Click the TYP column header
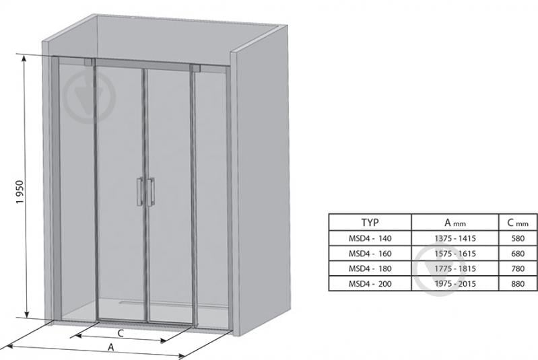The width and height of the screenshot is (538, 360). [370, 223]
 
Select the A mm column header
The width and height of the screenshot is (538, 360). [455, 223]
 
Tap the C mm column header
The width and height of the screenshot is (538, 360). [517, 223]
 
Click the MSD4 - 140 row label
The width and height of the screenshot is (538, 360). [370, 238]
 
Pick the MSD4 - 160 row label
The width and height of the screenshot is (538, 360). [370, 254]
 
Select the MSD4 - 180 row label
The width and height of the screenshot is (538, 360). [370, 268]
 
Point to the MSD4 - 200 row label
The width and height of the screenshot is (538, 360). [370, 283]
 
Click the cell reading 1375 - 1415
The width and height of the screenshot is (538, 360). [455, 238]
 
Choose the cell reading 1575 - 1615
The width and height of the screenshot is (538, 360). [455, 254]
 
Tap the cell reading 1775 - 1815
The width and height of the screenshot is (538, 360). [455, 268]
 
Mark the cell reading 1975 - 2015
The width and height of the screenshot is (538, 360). [455, 283]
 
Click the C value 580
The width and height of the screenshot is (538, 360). [518, 238]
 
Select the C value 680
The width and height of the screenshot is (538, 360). [518, 254]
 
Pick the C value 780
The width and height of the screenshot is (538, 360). [518, 268]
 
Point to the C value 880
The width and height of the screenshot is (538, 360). [518, 283]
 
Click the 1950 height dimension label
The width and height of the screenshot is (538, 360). [20, 192]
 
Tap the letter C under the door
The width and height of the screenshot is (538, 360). [121, 333]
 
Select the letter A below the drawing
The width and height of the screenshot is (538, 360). [111, 347]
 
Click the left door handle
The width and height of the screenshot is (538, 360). [140, 192]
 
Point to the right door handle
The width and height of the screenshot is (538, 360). [151, 192]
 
